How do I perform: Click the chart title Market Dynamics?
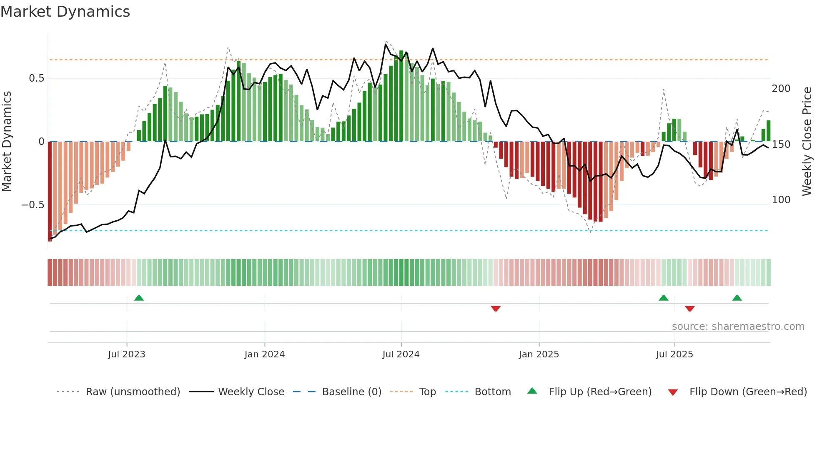(65, 12)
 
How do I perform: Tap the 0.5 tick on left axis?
(36, 78)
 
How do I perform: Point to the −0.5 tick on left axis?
(33, 205)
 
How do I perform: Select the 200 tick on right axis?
(781, 89)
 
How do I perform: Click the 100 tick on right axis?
(781, 200)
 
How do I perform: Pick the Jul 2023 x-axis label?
(127, 354)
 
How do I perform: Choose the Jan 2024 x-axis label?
(264, 354)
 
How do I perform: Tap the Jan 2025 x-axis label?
(539, 354)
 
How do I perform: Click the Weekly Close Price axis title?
(807, 142)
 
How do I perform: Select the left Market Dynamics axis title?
(7, 142)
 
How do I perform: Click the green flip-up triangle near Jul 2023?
(139, 298)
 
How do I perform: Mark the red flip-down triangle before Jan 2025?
(496, 309)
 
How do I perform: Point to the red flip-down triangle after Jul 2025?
(690, 309)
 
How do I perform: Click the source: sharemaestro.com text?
(738, 327)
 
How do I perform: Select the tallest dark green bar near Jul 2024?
(401, 96)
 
